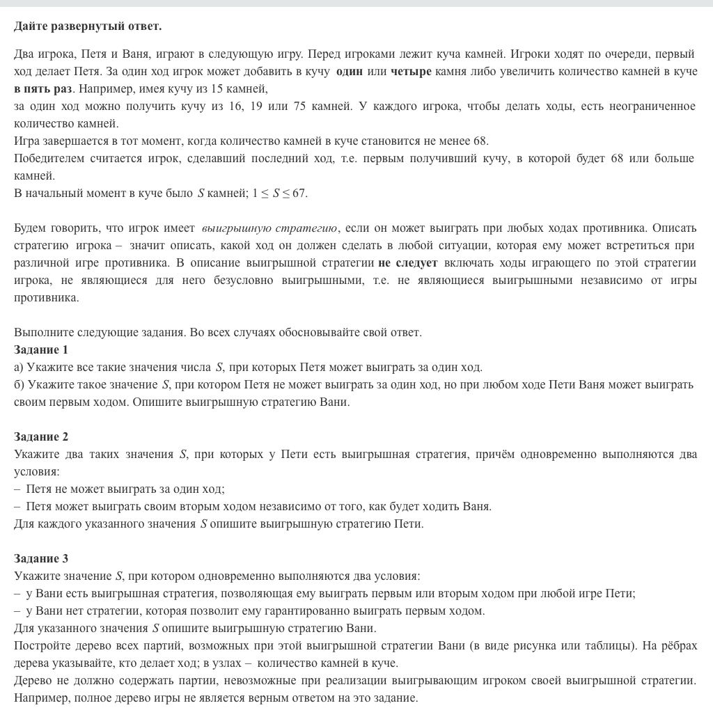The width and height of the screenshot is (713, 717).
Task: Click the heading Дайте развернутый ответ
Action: pyautogui.click(x=88, y=26)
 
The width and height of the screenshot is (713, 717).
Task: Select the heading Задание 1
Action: pyautogui.click(x=41, y=349)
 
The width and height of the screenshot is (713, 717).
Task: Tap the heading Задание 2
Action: pyautogui.click(x=41, y=436)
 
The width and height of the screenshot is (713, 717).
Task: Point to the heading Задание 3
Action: pyautogui.click(x=41, y=558)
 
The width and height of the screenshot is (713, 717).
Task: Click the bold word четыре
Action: pyautogui.click(x=411, y=72)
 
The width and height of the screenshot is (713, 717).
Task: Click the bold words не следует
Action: pyautogui.click(x=407, y=263)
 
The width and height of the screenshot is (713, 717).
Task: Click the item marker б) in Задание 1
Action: pyautogui.click(x=19, y=384)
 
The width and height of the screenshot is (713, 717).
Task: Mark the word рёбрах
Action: pyautogui.click(x=679, y=645)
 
